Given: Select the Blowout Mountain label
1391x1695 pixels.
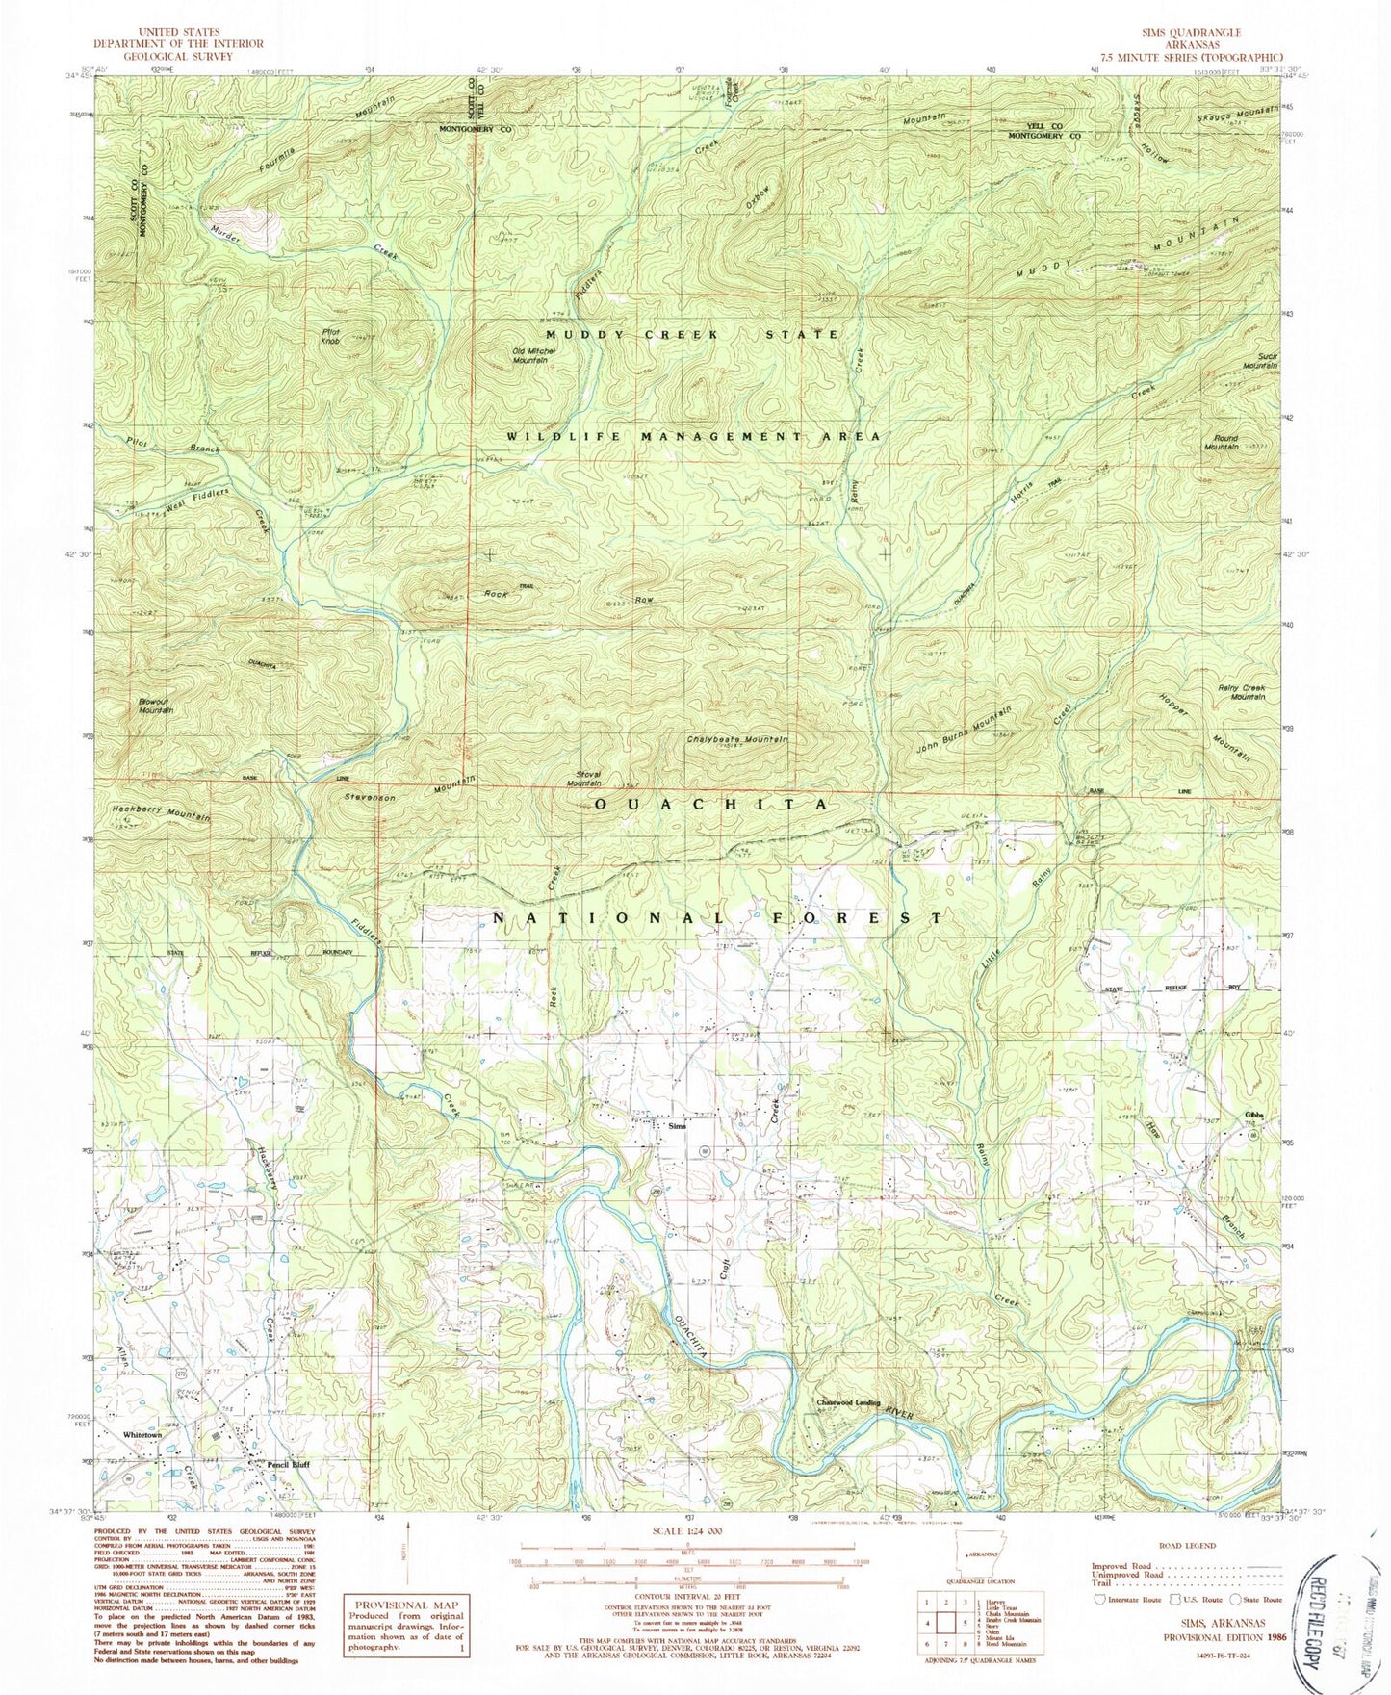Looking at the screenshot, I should (x=154, y=705).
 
